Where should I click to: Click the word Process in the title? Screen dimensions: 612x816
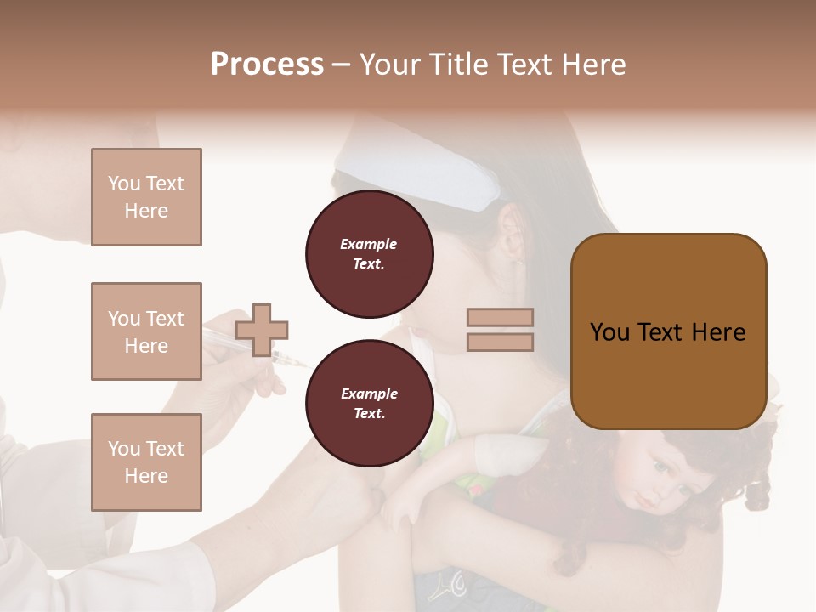267,65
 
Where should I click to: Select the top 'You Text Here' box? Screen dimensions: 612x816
146,197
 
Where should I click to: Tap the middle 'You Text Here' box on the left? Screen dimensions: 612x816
146,331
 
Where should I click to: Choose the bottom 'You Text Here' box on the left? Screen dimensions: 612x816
146,462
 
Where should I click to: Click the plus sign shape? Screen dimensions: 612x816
262,330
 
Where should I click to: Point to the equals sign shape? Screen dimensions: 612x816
500,330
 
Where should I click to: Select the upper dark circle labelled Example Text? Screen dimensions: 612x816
369,254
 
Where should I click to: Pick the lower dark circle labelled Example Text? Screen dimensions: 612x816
369,403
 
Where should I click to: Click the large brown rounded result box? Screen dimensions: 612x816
668,331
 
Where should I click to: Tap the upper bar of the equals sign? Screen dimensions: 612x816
500,318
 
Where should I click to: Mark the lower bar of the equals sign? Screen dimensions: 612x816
500,342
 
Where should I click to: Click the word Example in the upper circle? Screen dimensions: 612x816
369,244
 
